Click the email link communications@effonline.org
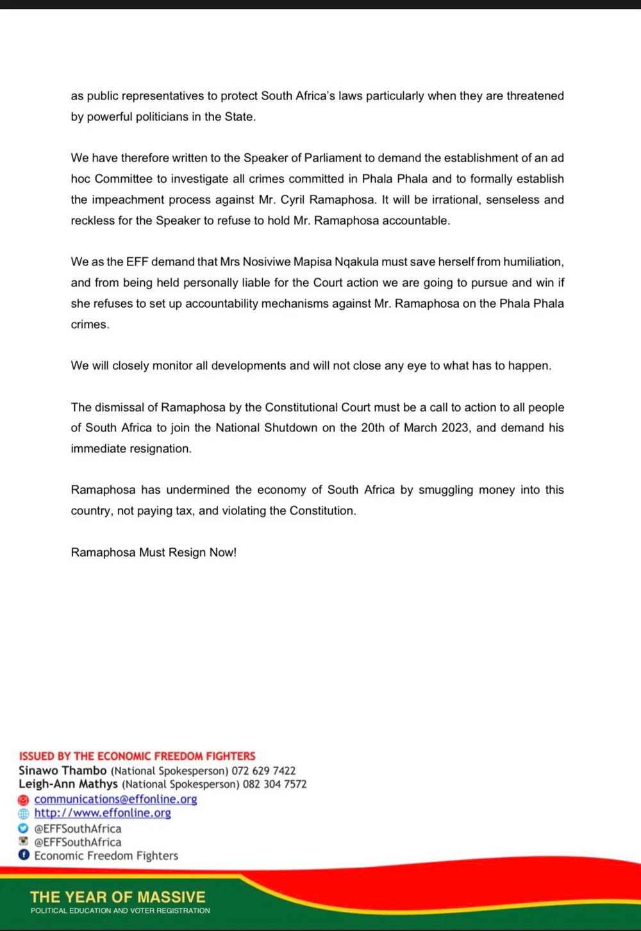click(115, 800)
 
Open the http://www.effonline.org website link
click(103, 813)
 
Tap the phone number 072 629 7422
click(263, 771)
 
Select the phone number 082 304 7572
click(274, 784)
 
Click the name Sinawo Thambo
click(63, 771)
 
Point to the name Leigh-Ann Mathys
click(68, 784)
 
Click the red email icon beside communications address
click(24, 800)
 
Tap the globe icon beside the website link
click(24, 814)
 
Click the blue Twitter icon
click(24, 828)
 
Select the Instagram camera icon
click(24, 841)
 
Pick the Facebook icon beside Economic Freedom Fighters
click(24, 855)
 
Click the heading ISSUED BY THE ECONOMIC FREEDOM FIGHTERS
click(137, 757)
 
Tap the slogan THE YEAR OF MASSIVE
click(118, 897)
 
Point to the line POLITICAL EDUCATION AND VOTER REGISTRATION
click(121, 910)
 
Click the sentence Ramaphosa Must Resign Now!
click(154, 553)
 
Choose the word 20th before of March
click(372, 428)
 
